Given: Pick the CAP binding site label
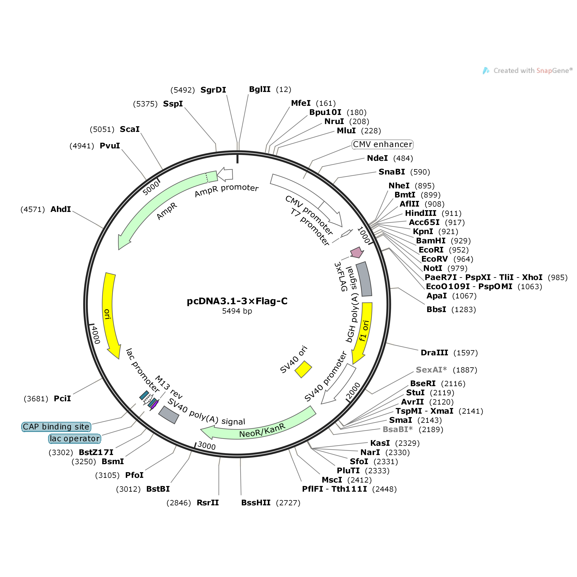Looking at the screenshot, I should [56, 427].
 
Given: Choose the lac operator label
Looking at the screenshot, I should [75, 439].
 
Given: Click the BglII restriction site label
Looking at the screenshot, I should [260, 89].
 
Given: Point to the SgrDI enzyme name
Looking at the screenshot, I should [213, 90].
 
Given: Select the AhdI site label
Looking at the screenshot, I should [61, 209].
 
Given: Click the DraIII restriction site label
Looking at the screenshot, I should [434, 353].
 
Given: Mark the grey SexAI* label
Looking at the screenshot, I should [431, 370].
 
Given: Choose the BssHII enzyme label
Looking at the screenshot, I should [256, 503].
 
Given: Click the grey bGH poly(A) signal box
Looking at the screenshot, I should [364, 279].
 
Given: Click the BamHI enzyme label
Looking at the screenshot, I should [431, 241].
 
